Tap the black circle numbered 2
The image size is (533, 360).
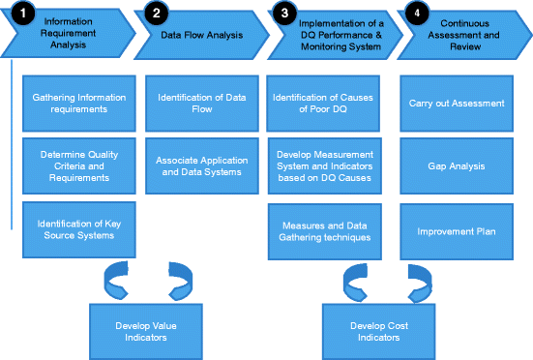(155, 15)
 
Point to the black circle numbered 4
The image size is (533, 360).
(417, 15)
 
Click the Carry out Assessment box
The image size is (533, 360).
(462, 103)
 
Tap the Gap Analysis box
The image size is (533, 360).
(462, 166)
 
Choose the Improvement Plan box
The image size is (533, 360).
(462, 231)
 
